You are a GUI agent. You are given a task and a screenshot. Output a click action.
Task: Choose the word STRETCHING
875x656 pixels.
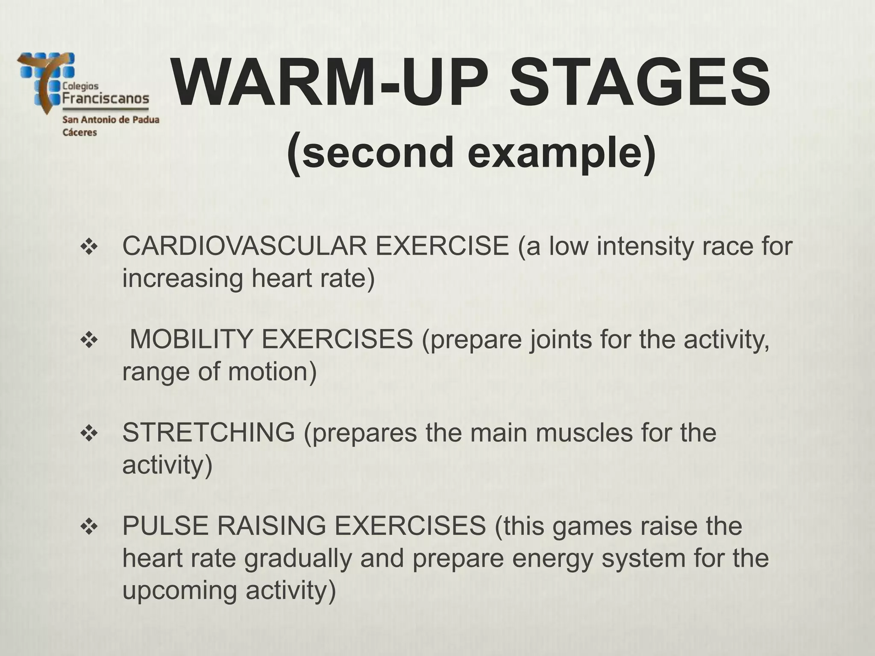(208, 432)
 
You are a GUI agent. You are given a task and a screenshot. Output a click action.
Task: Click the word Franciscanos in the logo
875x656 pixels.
(106, 99)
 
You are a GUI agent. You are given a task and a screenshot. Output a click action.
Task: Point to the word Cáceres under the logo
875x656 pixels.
(80, 132)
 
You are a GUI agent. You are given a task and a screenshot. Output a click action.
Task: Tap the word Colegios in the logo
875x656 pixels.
(80, 86)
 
